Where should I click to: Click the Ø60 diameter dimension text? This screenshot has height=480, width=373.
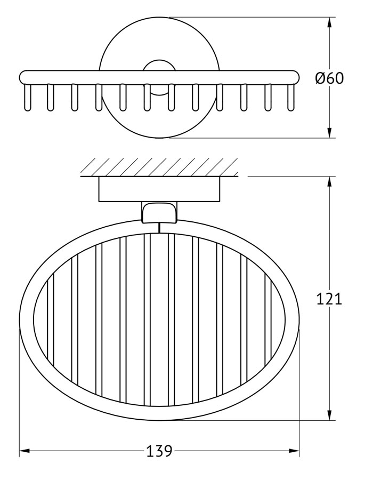329,78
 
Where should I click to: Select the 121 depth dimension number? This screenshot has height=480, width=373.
329,299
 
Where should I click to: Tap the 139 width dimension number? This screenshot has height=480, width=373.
159,451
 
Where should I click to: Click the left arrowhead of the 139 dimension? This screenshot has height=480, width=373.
24,451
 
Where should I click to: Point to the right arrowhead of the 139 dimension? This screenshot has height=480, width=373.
294,451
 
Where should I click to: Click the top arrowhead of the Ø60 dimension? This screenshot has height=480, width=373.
329,22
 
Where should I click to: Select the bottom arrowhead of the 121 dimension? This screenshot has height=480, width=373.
329,415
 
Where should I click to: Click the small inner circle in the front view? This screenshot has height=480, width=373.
159,65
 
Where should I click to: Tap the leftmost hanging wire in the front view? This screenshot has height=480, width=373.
27,98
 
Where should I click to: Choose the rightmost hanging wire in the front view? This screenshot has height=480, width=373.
290,98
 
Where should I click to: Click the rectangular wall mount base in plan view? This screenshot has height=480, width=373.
159,189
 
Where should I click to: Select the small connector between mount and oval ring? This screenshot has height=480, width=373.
159,212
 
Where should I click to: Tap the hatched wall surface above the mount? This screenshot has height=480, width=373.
159,167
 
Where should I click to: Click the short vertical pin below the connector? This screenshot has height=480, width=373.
159,227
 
